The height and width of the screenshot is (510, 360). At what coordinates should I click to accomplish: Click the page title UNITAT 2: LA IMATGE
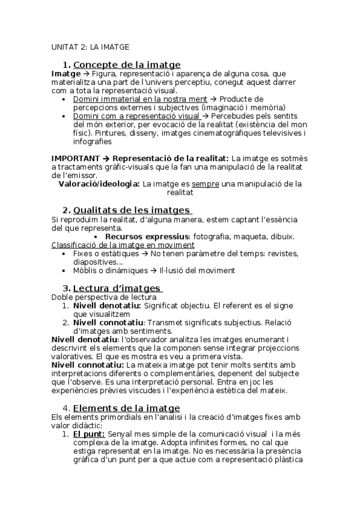[90, 46]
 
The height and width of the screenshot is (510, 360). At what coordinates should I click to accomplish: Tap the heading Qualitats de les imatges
[132, 210]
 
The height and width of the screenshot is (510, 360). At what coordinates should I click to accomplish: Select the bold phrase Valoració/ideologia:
[99, 183]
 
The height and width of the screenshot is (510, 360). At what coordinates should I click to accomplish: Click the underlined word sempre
[206, 183]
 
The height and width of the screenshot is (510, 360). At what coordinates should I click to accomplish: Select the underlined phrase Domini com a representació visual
[136, 116]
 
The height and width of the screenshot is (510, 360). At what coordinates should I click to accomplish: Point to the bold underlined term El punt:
[89, 434]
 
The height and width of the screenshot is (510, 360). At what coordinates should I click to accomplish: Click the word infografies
[93, 142]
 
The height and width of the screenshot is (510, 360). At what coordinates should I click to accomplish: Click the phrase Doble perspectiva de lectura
[103, 297]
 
